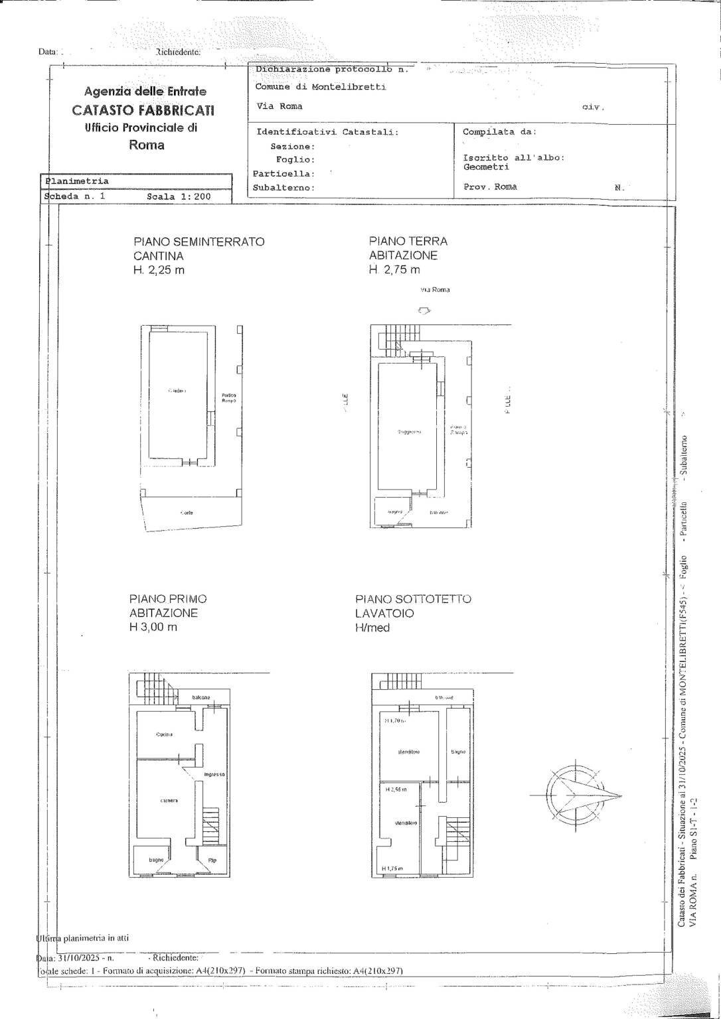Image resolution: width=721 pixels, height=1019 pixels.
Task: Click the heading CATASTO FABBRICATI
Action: (143, 110)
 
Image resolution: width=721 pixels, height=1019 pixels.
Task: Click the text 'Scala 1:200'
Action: (179, 197)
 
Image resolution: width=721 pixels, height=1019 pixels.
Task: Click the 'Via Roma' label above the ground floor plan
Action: (435, 290)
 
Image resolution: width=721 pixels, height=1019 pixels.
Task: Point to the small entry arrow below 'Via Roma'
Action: (424, 310)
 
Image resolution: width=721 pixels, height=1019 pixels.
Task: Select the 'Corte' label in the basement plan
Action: (187, 513)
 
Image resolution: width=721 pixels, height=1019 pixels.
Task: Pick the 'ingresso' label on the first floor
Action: (214, 774)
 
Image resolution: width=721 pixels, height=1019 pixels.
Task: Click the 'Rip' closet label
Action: (212, 860)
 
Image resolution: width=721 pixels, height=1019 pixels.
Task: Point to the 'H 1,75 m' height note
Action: (392, 869)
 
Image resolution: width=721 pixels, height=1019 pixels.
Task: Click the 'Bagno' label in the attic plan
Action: (458, 752)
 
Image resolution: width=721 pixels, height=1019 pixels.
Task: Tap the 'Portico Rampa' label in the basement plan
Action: (228, 398)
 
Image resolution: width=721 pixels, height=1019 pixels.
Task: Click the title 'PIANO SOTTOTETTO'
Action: (413, 599)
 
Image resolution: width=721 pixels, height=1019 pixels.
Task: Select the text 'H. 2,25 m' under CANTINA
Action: (159, 270)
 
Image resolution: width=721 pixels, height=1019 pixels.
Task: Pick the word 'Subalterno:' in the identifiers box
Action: (283, 188)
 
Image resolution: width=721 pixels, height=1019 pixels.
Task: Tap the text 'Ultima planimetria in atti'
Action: (82, 938)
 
